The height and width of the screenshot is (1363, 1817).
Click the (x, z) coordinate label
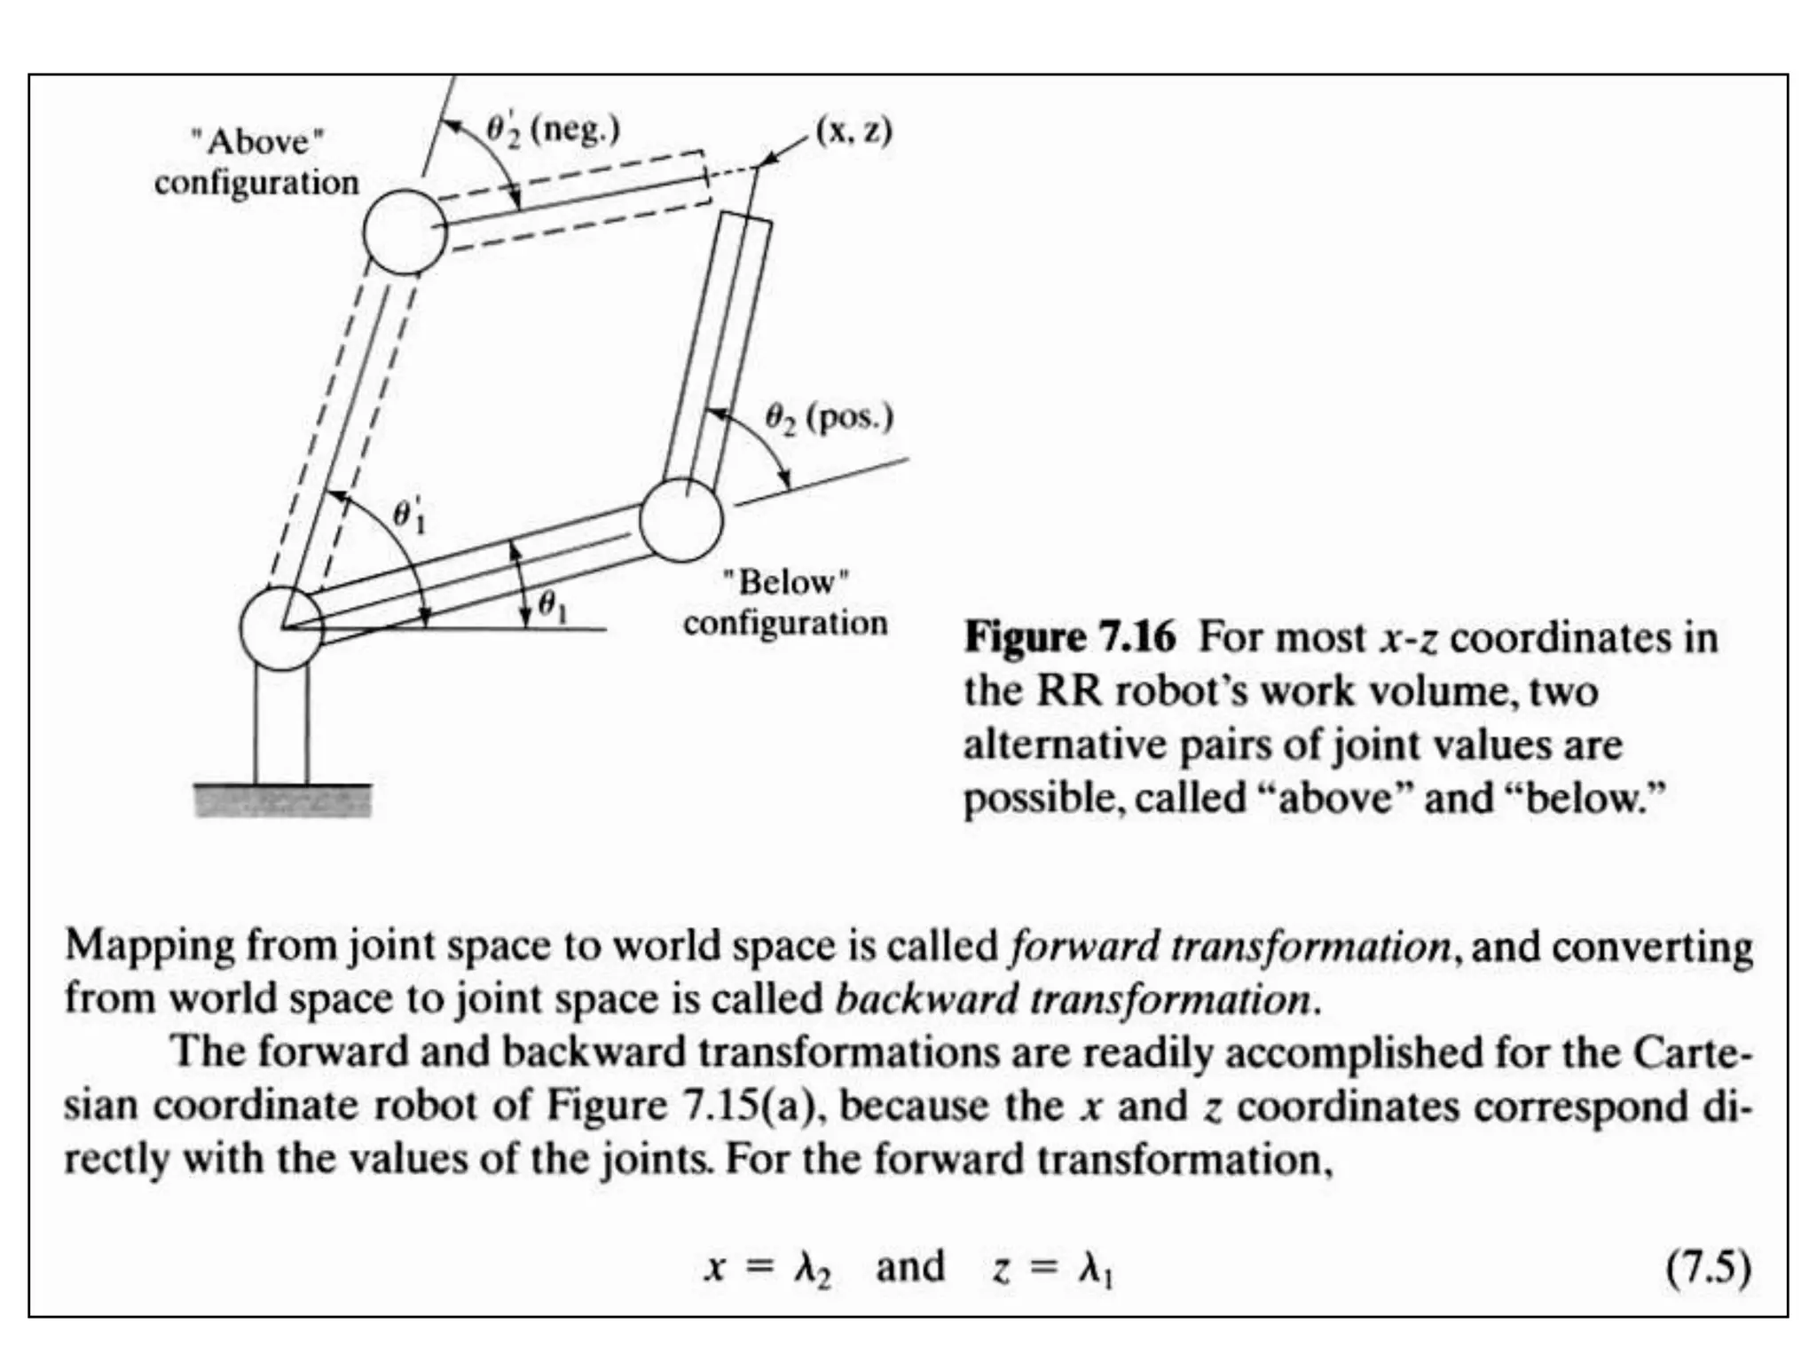853,131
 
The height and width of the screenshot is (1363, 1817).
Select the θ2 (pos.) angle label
829,417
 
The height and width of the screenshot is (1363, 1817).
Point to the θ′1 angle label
409,516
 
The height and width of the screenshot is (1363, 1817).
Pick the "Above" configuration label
256,162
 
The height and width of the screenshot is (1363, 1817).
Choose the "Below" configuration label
785,603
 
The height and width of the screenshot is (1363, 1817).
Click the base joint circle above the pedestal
281,628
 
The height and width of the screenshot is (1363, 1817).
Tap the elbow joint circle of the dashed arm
405,232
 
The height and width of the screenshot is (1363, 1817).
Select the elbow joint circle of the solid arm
680,520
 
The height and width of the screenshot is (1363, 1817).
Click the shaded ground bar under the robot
283,800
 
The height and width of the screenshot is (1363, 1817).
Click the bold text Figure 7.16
1070,638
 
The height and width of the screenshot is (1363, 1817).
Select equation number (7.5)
1707,1268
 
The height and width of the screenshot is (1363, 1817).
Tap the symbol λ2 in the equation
813,1270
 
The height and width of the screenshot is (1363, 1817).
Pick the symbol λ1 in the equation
1097,1270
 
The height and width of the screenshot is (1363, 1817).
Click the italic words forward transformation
1230,947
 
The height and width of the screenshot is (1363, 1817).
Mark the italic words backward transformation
1073,1000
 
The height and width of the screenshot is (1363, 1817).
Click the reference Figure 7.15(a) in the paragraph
679,1107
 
